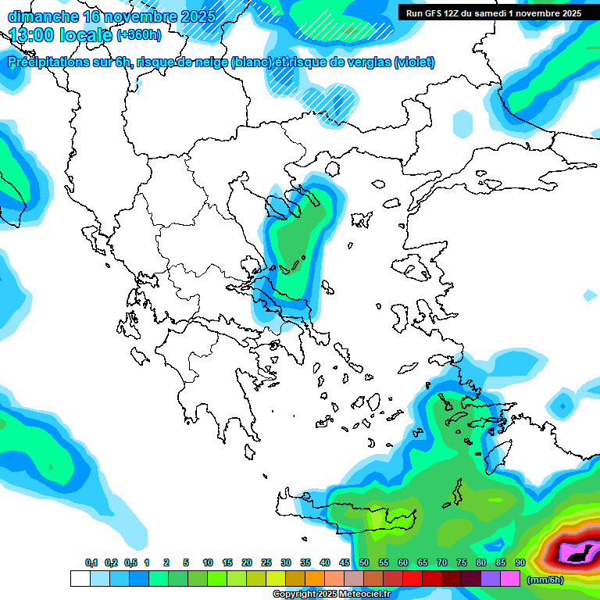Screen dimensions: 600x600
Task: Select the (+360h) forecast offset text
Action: tap(139, 35)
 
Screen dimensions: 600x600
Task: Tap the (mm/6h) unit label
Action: tap(545, 580)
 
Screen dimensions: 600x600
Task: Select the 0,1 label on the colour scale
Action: tap(91, 563)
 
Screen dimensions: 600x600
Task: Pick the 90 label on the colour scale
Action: tap(520, 563)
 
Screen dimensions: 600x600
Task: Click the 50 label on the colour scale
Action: tap(364, 563)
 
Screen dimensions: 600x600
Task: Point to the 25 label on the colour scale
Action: tap(266, 563)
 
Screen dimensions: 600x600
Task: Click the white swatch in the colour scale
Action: tap(80, 579)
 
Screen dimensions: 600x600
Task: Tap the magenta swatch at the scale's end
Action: tap(510, 579)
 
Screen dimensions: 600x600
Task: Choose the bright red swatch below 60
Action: tap(412, 579)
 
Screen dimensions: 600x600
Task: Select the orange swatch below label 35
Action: tap(315, 579)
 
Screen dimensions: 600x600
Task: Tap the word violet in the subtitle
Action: tap(415, 62)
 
